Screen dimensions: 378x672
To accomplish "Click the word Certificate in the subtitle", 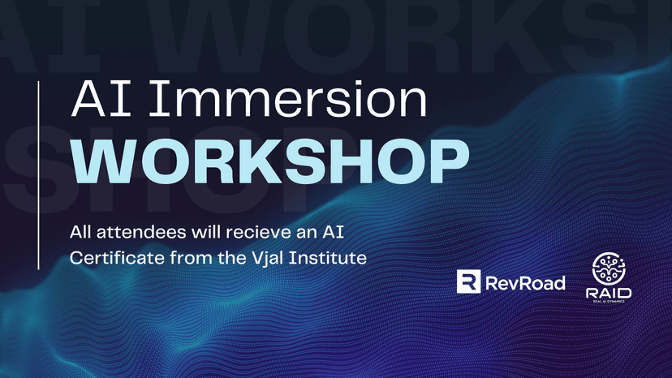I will [112, 259].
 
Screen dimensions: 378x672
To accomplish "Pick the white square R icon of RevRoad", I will [469, 281].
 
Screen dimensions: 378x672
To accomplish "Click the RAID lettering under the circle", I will [608, 294].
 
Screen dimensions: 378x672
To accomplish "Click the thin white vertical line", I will [40, 174].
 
